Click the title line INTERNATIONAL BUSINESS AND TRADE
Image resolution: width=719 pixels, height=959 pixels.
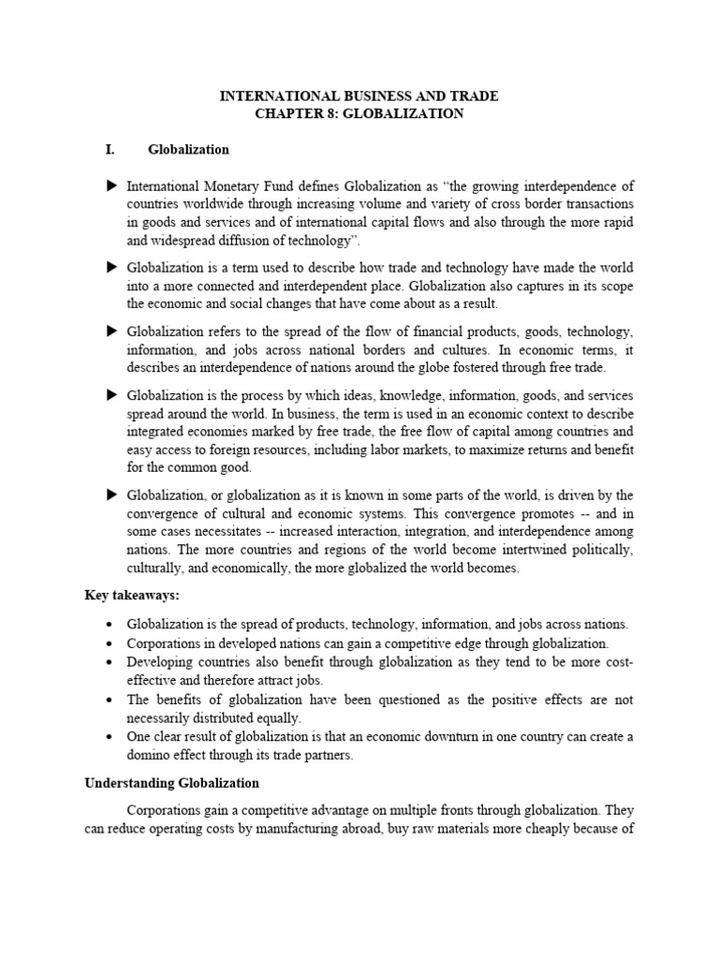point(359,96)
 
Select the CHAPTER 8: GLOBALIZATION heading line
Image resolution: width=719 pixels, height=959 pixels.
point(359,114)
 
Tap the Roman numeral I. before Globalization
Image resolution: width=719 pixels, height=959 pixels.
point(110,150)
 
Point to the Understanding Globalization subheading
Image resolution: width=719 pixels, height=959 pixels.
point(171,782)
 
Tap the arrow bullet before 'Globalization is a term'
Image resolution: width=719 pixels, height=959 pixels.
point(112,267)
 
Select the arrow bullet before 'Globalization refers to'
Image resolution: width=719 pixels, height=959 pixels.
point(112,331)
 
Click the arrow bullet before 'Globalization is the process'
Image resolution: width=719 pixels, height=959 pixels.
point(112,394)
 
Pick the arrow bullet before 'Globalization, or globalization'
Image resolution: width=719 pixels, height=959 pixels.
point(112,494)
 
